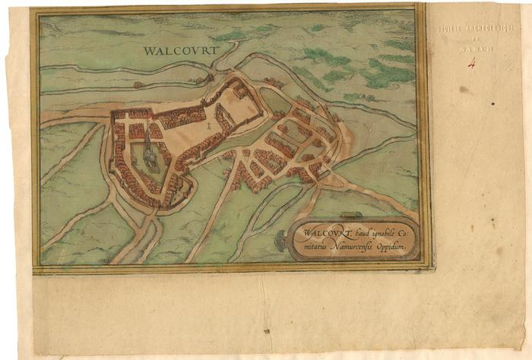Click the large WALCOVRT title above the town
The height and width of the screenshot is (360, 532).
point(180,51)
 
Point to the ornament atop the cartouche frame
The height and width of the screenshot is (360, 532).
point(350,216)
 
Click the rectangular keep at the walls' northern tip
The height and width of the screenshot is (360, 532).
point(239,90)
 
